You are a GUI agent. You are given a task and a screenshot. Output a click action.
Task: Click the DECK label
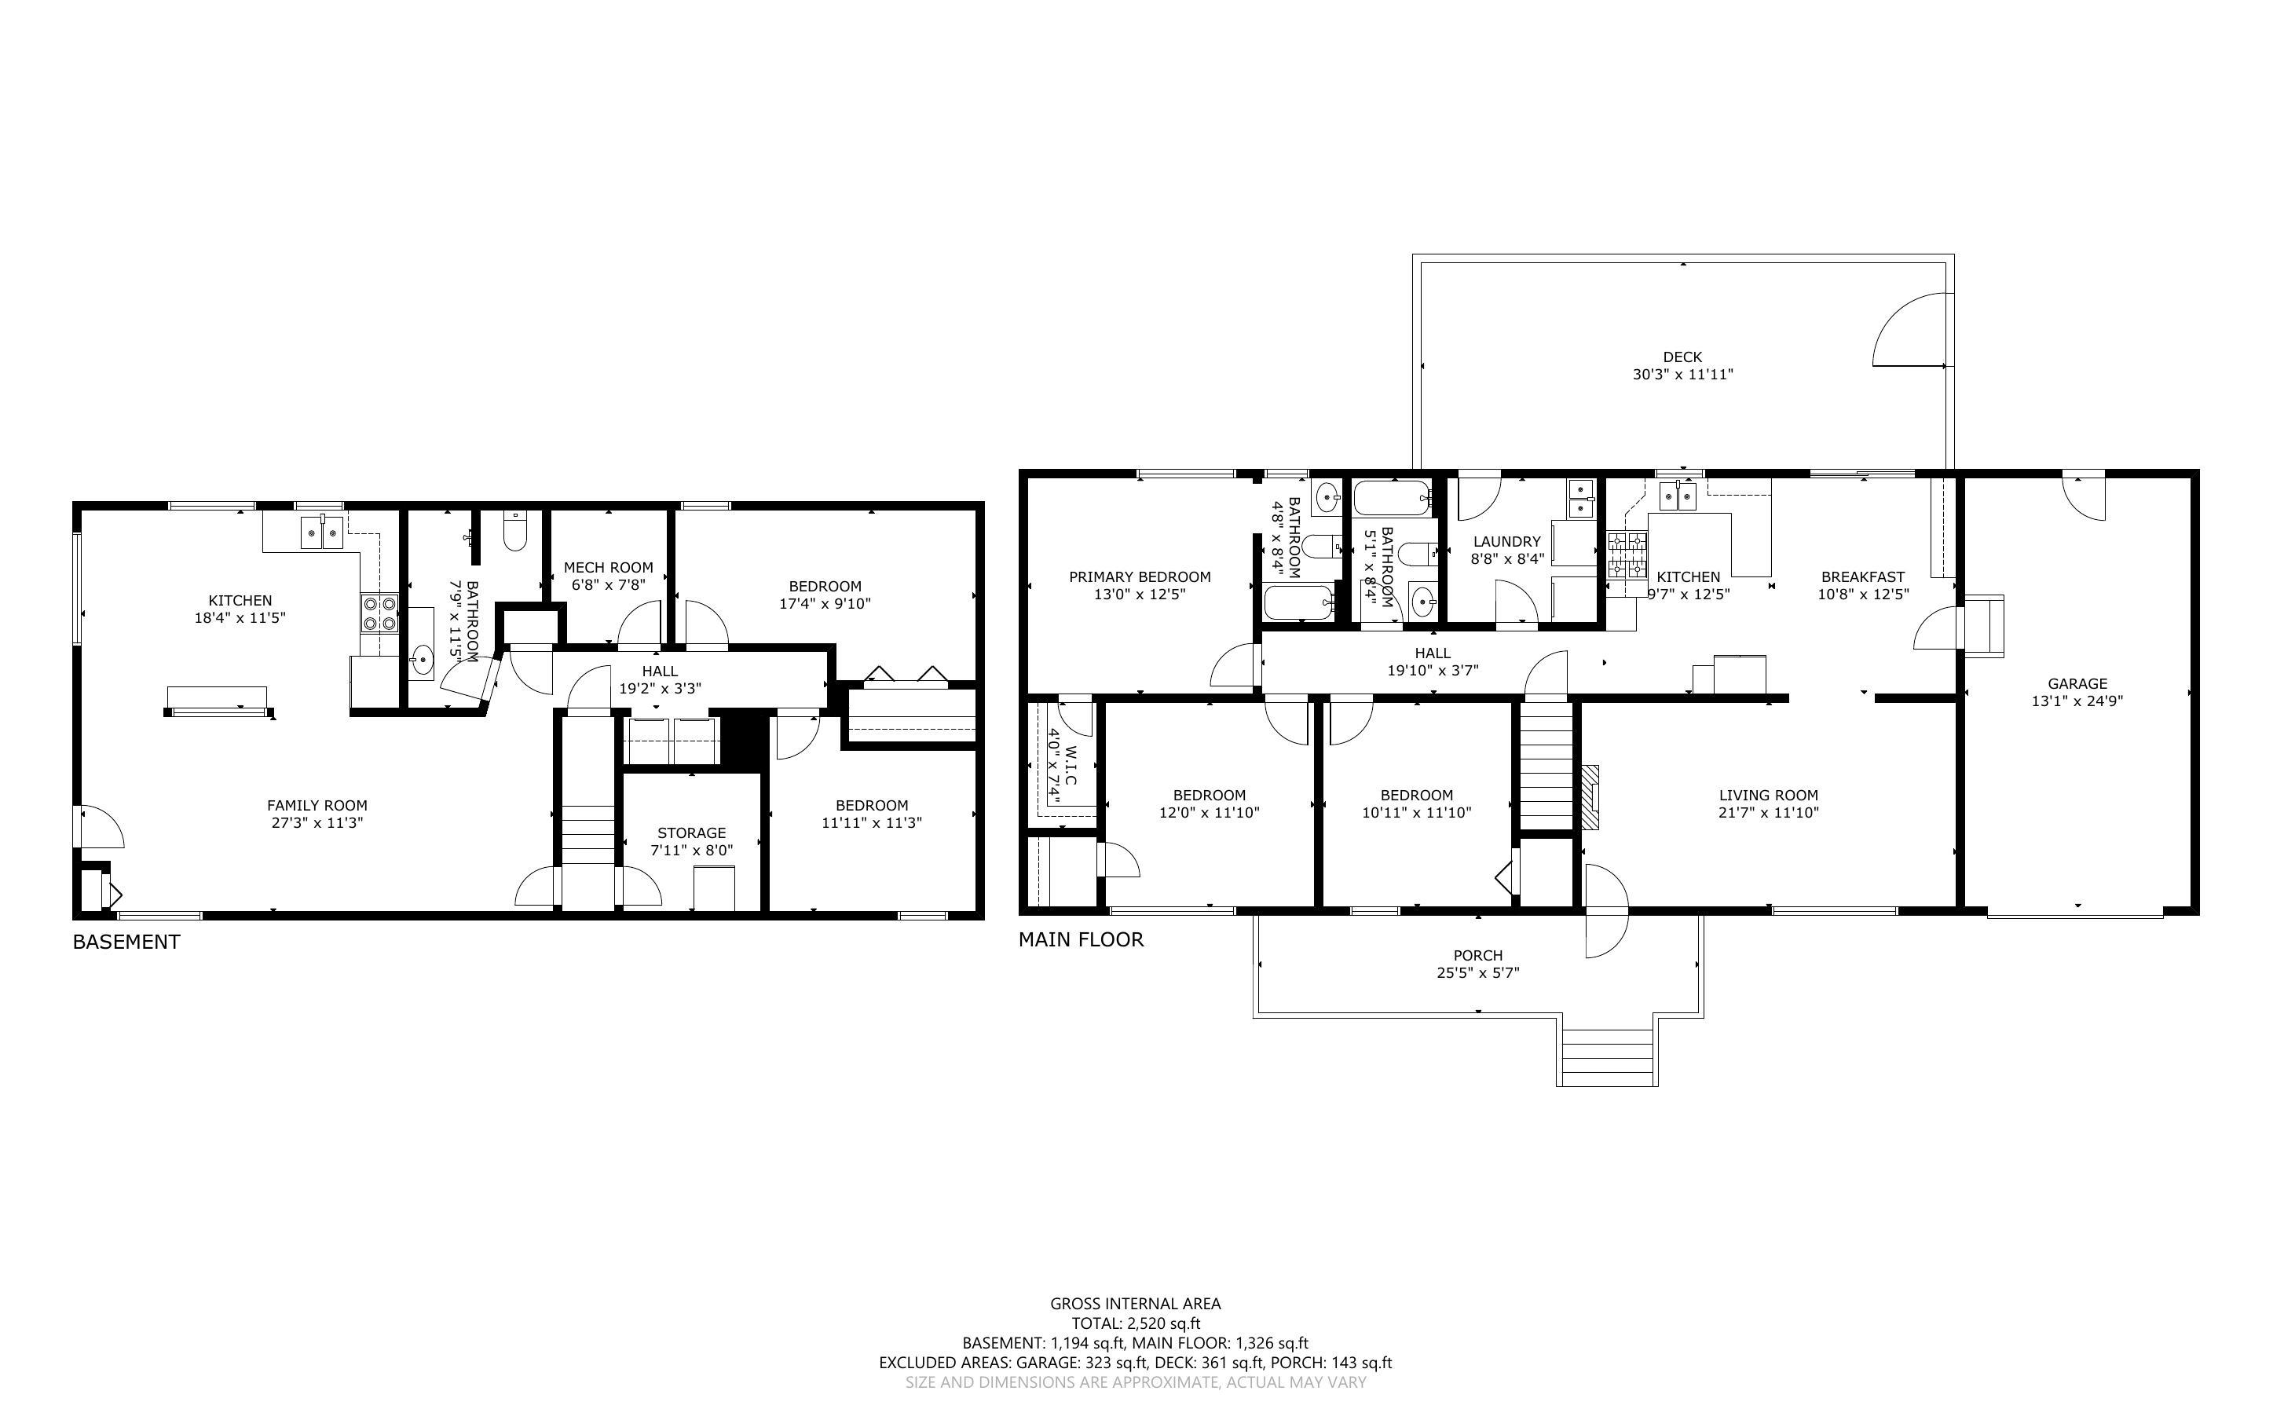[x=1682, y=357]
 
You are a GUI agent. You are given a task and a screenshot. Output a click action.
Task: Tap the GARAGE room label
[x=2077, y=684]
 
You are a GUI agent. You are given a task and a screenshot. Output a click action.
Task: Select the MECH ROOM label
[x=609, y=567]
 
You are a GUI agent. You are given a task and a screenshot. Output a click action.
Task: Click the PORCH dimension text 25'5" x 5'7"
[x=1479, y=973]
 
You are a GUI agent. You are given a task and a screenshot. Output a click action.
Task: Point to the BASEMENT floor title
[x=126, y=942]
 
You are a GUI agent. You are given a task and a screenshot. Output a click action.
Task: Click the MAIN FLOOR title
[x=1082, y=939]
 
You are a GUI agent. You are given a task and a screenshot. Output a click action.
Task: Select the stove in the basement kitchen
[x=380, y=613]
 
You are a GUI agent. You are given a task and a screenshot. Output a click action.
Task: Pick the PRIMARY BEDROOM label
[x=1140, y=576]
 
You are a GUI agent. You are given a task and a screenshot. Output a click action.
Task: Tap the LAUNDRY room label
[x=1507, y=541]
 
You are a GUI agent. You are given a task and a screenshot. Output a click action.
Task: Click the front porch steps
[x=1606, y=1056]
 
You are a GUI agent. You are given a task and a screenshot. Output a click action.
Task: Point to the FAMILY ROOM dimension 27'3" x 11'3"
[x=317, y=822]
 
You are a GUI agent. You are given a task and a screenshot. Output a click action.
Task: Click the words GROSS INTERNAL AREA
[x=1135, y=1304]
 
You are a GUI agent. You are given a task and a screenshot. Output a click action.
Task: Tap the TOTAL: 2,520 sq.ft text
[x=1135, y=1324]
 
